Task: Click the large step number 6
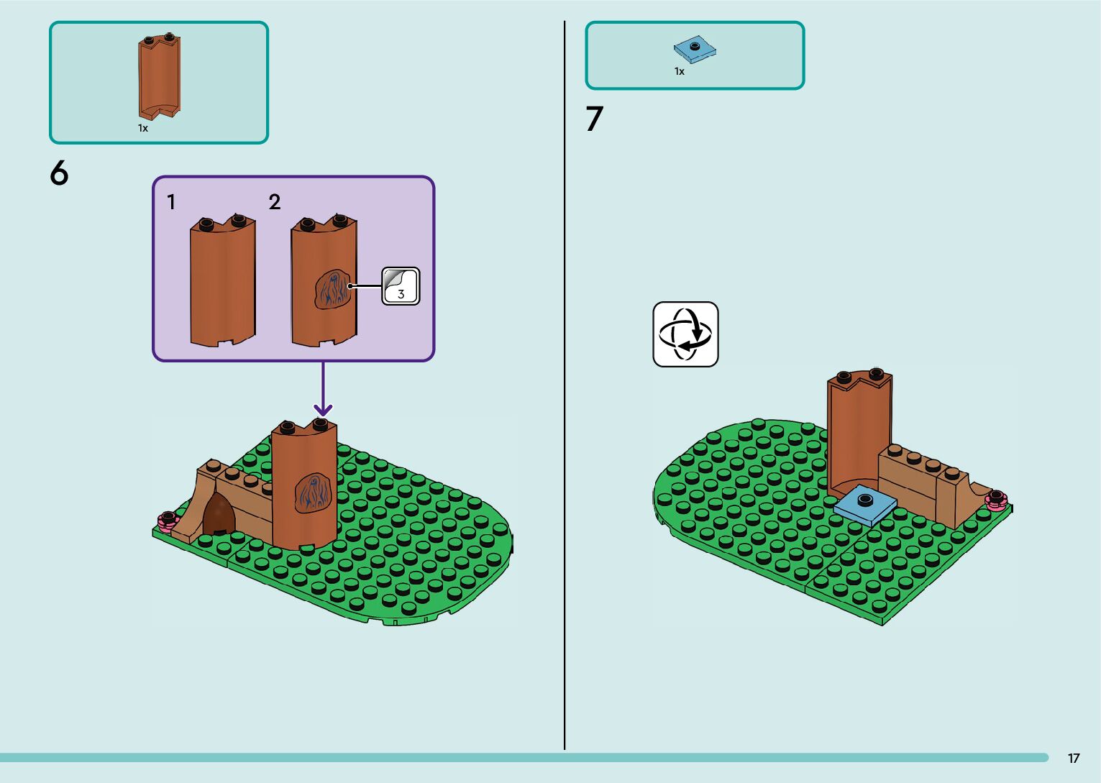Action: tap(59, 173)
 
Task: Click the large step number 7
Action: tap(594, 119)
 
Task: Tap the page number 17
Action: tap(1073, 759)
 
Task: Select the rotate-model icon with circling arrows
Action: tap(685, 334)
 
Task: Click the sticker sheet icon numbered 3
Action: tap(401, 286)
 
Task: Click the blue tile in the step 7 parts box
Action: tap(695, 49)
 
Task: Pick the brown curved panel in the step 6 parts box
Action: tap(159, 75)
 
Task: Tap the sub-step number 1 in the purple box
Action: tap(171, 202)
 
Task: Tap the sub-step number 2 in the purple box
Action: tap(275, 202)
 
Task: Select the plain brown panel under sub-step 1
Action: tap(222, 284)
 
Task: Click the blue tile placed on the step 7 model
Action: tap(865, 504)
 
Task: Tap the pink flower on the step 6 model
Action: tap(168, 520)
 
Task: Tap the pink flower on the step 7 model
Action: tap(997, 500)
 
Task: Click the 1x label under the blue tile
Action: tap(679, 71)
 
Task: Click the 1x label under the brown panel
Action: tap(143, 128)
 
